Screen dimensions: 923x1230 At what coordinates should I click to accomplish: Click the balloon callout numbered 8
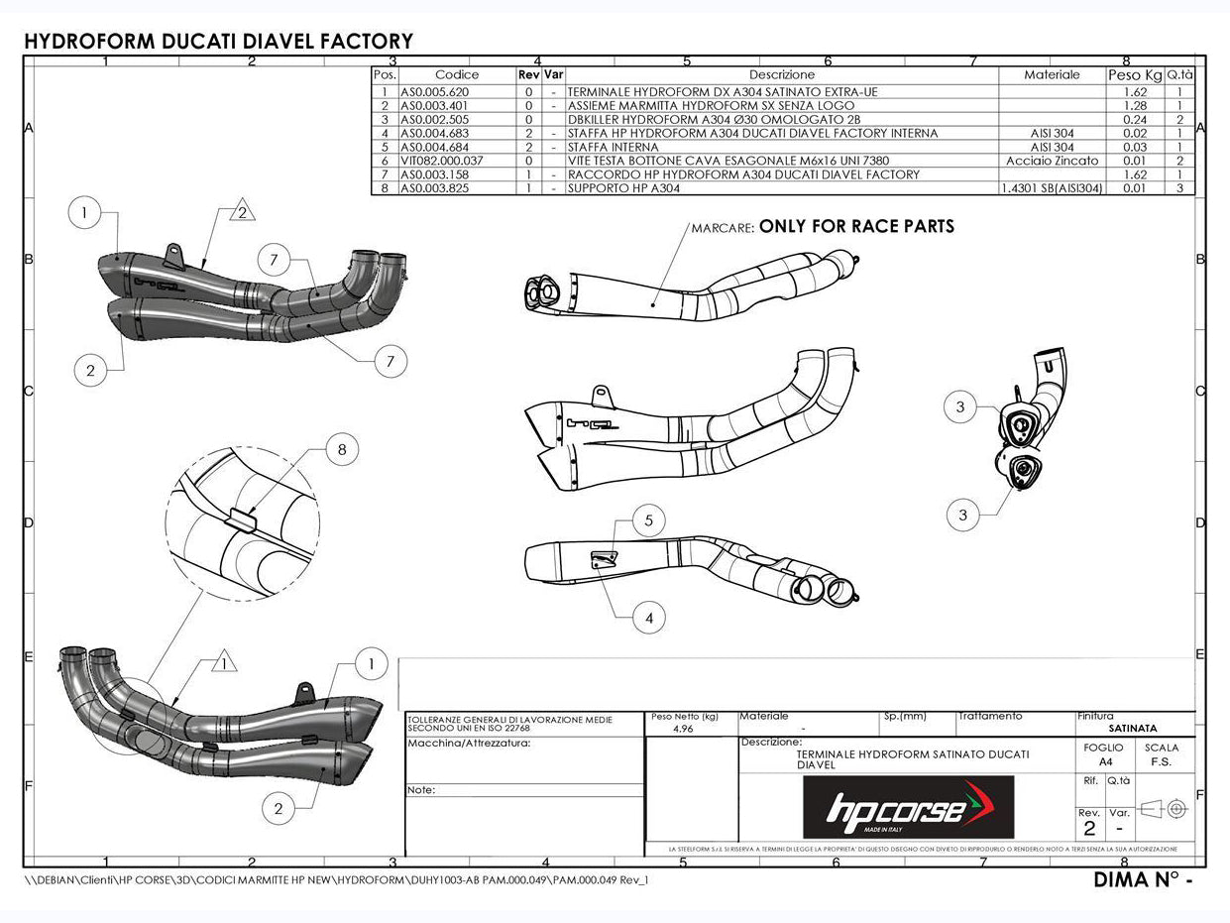pyautogui.click(x=342, y=450)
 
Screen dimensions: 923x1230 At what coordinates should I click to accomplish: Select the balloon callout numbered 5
pyautogui.click(x=648, y=519)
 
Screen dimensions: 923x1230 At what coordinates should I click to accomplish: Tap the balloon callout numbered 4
pyautogui.click(x=648, y=618)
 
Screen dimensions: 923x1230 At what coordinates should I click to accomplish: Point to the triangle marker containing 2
pyautogui.click(x=245, y=209)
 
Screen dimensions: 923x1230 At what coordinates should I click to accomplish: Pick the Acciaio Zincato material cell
pyautogui.click(x=1052, y=160)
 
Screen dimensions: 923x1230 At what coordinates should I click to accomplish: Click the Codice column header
pyautogui.click(x=456, y=74)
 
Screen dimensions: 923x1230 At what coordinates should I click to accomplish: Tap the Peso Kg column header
pyautogui.click(x=1134, y=74)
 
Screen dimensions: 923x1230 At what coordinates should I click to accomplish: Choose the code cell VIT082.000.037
pyautogui.click(x=441, y=160)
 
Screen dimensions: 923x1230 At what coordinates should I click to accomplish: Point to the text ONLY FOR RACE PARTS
pyautogui.click(x=856, y=227)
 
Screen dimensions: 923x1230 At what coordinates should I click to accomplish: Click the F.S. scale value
pyautogui.click(x=1161, y=762)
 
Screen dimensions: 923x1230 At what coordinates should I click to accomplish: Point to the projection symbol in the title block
pyautogui.click(x=1164, y=809)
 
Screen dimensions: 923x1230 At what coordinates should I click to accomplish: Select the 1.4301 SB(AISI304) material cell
pyautogui.click(x=1052, y=187)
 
